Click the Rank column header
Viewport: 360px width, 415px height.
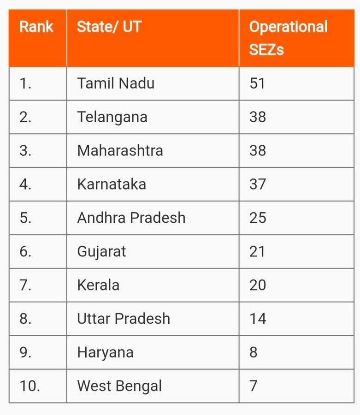tap(36, 27)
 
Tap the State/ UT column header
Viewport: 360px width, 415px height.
tap(109, 27)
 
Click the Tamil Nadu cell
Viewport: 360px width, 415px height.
tap(116, 83)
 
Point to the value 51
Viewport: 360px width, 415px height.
tap(257, 83)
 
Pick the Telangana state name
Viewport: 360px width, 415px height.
tap(112, 117)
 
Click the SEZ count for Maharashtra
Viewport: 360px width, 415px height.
tap(257, 151)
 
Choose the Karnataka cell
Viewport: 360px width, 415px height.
tap(112, 184)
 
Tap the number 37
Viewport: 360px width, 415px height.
tap(257, 184)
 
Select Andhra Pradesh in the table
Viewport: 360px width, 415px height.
tap(131, 218)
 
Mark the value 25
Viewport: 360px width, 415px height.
tap(257, 218)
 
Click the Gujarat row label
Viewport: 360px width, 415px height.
tap(101, 251)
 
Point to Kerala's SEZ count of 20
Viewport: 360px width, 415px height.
tap(257, 285)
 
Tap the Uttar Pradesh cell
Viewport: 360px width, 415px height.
tap(124, 319)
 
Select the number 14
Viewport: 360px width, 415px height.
tap(257, 319)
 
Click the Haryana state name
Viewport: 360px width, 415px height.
tap(105, 352)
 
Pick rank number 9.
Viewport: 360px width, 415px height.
tap(25, 352)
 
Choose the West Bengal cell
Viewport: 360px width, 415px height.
tap(119, 385)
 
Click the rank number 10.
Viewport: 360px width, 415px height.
tap(30, 385)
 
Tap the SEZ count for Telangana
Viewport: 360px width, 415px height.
tap(257, 117)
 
